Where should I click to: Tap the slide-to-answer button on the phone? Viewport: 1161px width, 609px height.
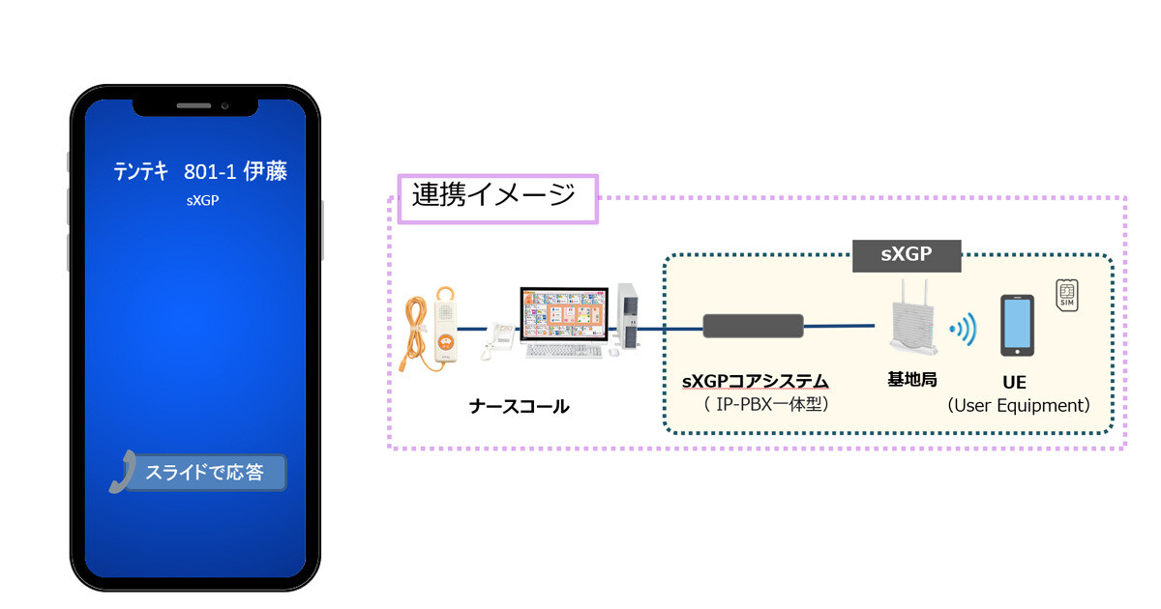(x=205, y=473)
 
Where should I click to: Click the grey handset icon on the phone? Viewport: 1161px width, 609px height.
(x=124, y=473)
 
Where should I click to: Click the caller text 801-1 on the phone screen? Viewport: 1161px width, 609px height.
(x=210, y=172)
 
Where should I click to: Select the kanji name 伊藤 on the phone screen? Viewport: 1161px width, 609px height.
(x=265, y=171)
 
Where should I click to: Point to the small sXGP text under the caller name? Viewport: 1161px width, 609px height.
(x=202, y=200)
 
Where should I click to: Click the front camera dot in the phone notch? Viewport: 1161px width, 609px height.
(x=224, y=106)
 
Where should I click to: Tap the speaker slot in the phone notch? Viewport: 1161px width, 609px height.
(x=193, y=105)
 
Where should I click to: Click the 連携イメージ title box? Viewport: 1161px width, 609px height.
(x=498, y=199)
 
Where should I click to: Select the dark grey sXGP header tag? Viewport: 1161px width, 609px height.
(x=907, y=256)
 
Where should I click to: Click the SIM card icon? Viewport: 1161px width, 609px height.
(x=1066, y=295)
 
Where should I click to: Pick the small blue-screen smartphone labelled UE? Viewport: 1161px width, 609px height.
(x=1017, y=325)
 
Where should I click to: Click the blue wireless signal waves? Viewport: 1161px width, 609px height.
(x=964, y=329)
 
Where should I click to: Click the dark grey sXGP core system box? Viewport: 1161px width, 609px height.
(x=753, y=327)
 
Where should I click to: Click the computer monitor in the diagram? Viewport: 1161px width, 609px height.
(x=564, y=316)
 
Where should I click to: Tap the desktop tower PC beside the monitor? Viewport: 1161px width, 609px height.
(x=628, y=316)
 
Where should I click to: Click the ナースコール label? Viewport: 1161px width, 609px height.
(x=520, y=407)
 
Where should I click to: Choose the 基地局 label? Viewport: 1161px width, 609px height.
(x=912, y=380)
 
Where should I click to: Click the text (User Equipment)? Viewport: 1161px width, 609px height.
(x=1019, y=405)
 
